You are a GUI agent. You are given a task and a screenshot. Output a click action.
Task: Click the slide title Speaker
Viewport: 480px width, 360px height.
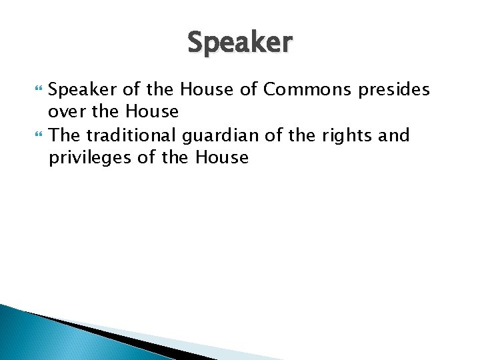pyautogui.click(x=239, y=43)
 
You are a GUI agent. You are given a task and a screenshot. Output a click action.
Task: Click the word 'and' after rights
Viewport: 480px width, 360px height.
pyautogui.click(x=394, y=135)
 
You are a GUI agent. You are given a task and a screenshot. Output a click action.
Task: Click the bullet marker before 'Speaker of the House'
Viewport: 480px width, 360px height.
pyautogui.click(x=36, y=90)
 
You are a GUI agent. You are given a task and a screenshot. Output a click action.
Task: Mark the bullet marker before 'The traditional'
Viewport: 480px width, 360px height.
pyautogui.click(x=36, y=136)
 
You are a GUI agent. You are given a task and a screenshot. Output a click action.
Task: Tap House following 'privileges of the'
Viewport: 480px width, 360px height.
pyautogui.click(x=222, y=158)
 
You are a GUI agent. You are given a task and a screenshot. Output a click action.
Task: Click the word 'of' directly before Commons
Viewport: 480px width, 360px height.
pyautogui.click(x=250, y=89)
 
